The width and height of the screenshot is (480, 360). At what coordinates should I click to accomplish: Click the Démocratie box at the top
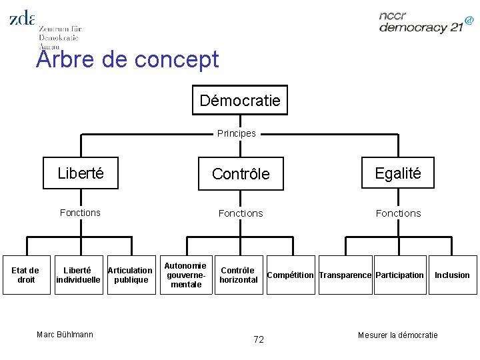(240, 101)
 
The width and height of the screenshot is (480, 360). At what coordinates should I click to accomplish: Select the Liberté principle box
(81, 173)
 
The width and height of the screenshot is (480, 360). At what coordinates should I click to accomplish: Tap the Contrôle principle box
(241, 174)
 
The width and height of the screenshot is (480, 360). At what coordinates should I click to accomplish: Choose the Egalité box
(398, 173)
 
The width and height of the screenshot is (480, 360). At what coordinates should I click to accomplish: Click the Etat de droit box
(26, 275)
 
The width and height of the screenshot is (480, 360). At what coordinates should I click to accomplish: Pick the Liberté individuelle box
(77, 275)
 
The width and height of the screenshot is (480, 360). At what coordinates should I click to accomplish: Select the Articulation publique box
(130, 275)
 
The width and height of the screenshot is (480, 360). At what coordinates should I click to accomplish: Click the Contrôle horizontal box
(238, 275)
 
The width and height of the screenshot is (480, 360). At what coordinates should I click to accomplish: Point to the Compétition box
(290, 275)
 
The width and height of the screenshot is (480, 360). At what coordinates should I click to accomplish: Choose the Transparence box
(345, 275)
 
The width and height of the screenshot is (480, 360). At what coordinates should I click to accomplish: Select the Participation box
(399, 275)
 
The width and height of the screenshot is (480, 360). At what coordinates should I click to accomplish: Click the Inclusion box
(452, 275)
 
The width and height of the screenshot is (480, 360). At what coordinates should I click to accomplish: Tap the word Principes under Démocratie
(237, 133)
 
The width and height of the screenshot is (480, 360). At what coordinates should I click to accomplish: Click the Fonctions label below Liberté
(80, 213)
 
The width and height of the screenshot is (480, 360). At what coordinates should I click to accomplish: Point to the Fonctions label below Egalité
(398, 213)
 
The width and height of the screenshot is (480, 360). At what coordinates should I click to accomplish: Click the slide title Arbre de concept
(128, 59)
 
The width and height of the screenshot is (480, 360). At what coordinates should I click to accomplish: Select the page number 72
(259, 339)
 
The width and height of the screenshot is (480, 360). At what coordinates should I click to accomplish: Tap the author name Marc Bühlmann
(65, 334)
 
